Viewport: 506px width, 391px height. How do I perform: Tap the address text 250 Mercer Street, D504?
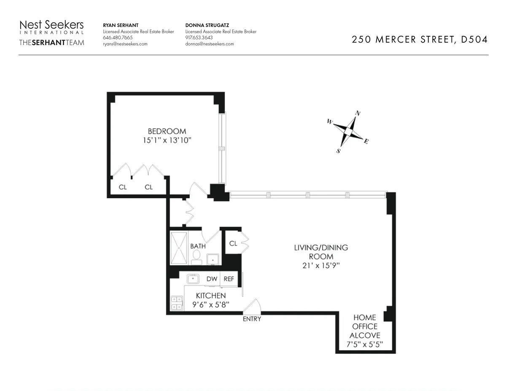pyautogui.click(x=420, y=40)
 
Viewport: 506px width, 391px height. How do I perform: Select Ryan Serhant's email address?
pyautogui.click(x=125, y=44)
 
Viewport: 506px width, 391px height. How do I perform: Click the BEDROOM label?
pyautogui.click(x=167, y=131)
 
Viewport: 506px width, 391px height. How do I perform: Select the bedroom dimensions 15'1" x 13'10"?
pyautogui.click(x=167, y=140)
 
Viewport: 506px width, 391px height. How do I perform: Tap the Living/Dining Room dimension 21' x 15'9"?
pyautogui.click(x=321, y=266)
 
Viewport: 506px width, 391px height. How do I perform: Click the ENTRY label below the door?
pyautogui.click(x=252, y=319)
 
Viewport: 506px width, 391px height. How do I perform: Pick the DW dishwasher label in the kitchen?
pyautogui.click(x=212, y=279)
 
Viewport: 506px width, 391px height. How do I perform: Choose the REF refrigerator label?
pyautogui.click(x=229, y=279)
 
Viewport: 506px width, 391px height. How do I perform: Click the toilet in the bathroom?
pyautogui.click(x=196, y=256)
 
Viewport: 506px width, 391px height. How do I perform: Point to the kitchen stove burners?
pyautogui.click(x=176, y=303)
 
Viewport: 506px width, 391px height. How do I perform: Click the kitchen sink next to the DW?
pyautogui.click(x=194, y=279)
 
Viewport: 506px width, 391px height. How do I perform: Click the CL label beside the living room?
pyautogui.click(x=233, y=243)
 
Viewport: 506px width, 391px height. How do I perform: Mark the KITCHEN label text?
pyautogui.click(x=210, y=296)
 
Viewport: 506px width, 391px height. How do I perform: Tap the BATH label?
pyautogui.click(x=198, y=246)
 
